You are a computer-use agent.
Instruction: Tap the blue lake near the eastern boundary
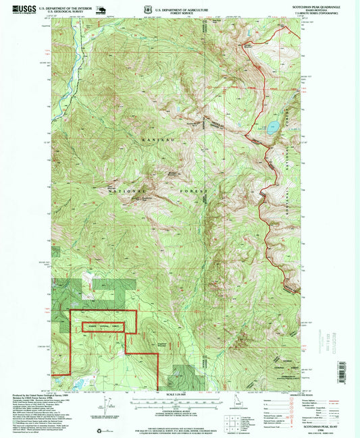(x=273, y=126)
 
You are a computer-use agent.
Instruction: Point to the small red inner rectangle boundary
(x=104, y=327)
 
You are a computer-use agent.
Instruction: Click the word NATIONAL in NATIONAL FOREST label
(x=123, y=192)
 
